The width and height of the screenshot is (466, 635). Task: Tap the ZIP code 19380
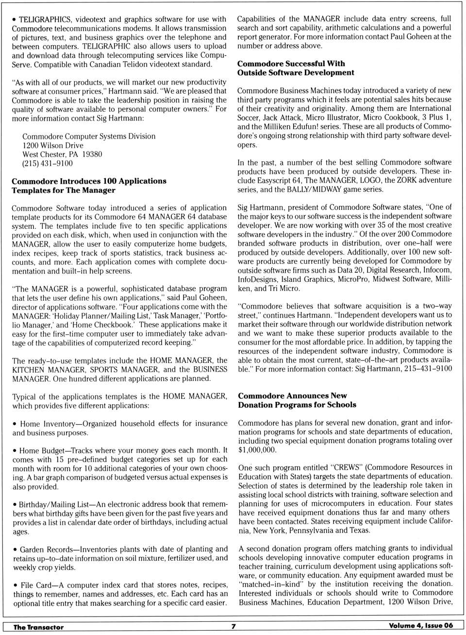click(92, 154)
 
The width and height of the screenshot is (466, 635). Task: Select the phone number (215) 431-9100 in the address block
click(48, 163)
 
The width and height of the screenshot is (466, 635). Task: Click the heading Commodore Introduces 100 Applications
click(89, 181)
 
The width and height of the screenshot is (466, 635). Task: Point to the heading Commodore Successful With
click(291, 63)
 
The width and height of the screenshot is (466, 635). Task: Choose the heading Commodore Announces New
click(292, 395)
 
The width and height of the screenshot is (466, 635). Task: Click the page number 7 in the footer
click(233, 626)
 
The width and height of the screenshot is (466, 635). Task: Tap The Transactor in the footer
click(38, 627)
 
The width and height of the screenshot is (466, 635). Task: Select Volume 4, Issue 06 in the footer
click(420, 626)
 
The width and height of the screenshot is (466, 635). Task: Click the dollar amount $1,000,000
click(257, 449)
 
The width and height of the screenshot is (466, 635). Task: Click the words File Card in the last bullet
click(36, 585)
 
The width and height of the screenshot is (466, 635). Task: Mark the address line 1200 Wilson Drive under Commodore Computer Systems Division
click(52, 145)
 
